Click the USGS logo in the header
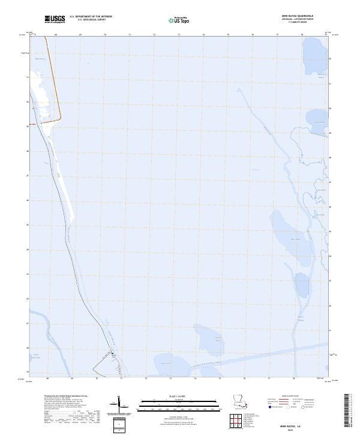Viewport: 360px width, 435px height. pyautogui.click(x=55, y=19)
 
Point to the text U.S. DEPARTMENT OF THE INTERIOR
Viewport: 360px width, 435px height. pyautogui.click(x=91, y=17)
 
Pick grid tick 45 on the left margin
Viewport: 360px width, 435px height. pyautogui.click(x=28, y=225)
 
